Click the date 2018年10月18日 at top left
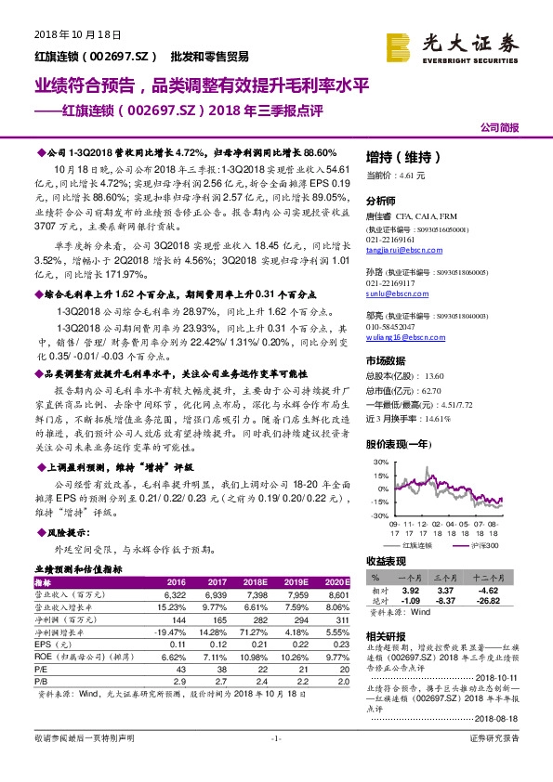[x=65, y=35]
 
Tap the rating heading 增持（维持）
[x=396, y=157]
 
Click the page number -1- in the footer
[x=275, y=764]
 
